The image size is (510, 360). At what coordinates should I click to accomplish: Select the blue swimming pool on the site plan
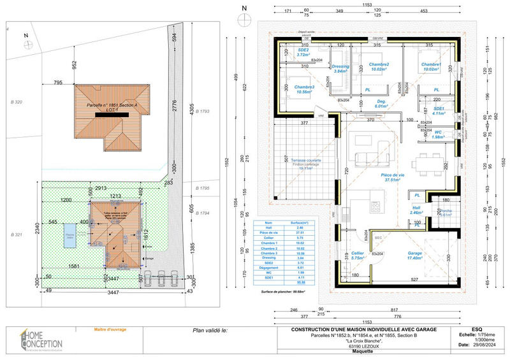click(69, 238)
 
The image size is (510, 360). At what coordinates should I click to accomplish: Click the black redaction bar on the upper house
click(112, 114)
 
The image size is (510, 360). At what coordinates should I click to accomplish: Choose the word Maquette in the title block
click(366, 350)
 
